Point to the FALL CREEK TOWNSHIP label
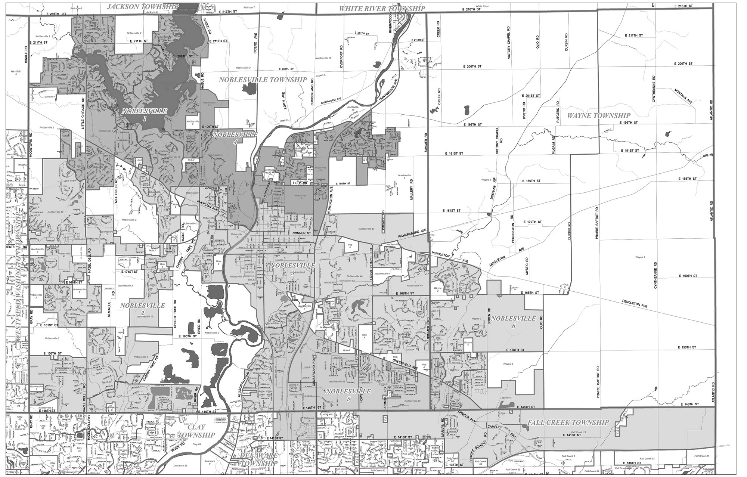568,422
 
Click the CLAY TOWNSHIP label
196,431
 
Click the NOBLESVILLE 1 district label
145,114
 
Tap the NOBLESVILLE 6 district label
514,322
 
